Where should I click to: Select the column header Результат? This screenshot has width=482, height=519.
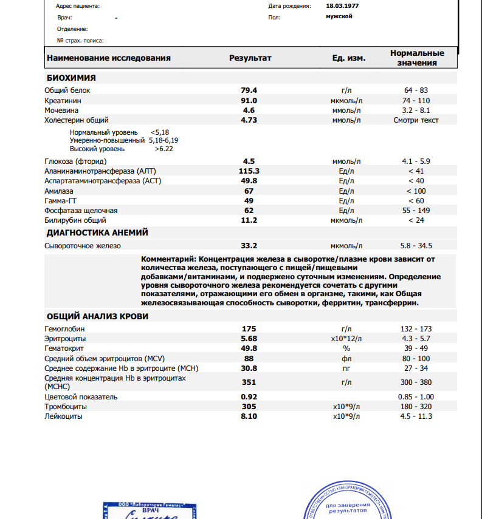point(250,58)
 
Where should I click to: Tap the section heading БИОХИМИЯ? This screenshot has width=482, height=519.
point(71,78)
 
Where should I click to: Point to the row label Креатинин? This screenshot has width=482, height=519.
point(63,100)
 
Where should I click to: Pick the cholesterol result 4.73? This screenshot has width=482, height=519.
point(249,120)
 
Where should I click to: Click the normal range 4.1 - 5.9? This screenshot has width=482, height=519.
point(416,161)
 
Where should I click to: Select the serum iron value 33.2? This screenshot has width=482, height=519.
point(249,246)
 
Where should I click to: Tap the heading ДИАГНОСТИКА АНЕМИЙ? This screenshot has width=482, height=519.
point(97,232)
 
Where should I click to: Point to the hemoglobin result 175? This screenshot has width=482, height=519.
point(249,328)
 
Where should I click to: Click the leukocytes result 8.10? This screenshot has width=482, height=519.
point(249,416)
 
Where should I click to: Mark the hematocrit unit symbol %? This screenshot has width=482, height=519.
point(347,348)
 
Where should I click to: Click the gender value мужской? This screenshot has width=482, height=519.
point(339,16)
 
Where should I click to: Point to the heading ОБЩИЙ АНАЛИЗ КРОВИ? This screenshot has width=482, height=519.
point(97,316)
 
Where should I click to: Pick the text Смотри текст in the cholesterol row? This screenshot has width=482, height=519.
point(416,120)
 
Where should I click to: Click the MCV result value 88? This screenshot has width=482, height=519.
point(249,358)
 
